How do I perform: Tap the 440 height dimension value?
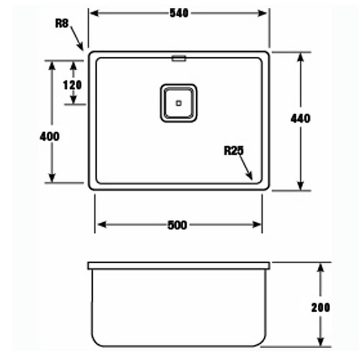tap(301, 118)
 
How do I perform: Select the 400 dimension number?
tap(50, 136)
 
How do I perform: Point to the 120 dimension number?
tap(72, 85)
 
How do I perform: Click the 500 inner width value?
tap(179, 225)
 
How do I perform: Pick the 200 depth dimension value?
tap(320, 307)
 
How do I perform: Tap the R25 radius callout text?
tap(234, 152)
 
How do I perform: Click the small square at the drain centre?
tap(179, 103)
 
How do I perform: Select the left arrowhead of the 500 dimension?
tap(99, 225)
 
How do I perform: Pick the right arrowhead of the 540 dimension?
tap(265, 13)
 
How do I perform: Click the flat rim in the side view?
tap(179, 265)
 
